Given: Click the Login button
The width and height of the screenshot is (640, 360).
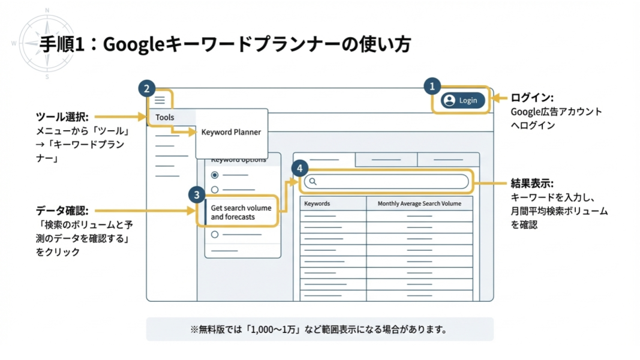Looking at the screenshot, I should [x=462, y=100].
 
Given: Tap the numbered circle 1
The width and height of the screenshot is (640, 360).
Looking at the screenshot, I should [x=432, y=86].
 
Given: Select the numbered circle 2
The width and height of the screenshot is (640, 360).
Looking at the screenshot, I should [x=146, y=89].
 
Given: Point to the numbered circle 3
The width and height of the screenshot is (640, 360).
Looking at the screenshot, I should [x=196, y=194].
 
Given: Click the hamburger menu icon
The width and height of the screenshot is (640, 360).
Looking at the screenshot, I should [x=160, y=100].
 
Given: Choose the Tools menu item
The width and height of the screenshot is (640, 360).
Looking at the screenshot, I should [x=165, y=117].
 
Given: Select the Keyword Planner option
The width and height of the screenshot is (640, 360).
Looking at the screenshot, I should [x=231, y=132].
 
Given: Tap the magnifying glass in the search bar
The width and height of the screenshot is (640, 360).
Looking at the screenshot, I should [x=313, y=181].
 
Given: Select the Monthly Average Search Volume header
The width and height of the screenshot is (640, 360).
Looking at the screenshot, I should [x=419, y=203].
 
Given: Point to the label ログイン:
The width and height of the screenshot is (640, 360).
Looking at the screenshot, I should [x=531, y=98].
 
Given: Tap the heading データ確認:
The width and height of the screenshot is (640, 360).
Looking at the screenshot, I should [x=62, y=211].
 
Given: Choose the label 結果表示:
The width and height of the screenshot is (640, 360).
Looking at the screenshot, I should [x=531, y=183].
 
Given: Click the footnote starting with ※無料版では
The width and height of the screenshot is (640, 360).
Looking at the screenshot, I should [x=319, y=329].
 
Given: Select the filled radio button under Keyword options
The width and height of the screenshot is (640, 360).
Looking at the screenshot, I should [x=215, y=175].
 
